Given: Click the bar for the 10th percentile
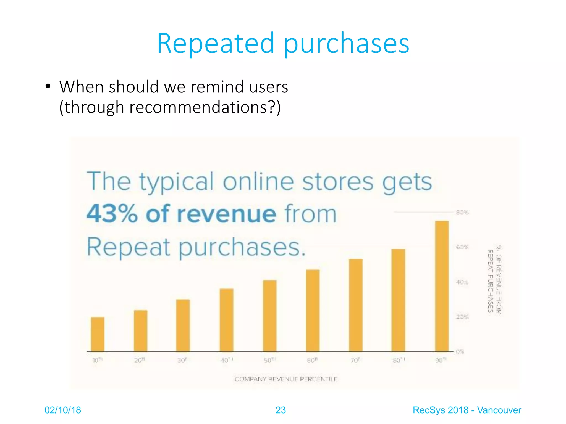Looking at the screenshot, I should (98, 334).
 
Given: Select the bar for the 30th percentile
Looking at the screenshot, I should (183, 325).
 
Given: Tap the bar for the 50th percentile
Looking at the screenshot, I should (270, 316).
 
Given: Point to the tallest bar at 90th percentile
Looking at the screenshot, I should (442, 286).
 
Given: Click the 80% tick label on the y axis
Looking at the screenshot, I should (462, 213).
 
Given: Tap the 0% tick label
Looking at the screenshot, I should (460, 352).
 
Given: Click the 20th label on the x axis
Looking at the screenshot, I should (139, 360).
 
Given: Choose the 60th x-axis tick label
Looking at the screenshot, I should (312, 360).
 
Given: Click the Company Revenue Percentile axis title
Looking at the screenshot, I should (286, 379).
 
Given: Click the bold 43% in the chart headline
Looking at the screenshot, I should (112, 214).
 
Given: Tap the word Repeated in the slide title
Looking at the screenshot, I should (215, 43).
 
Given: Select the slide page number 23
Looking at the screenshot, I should (281, 410).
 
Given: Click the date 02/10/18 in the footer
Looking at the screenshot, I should (63, 410).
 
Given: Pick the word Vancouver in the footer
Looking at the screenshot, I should (499, 410).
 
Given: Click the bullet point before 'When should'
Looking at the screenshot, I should (48, 87).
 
